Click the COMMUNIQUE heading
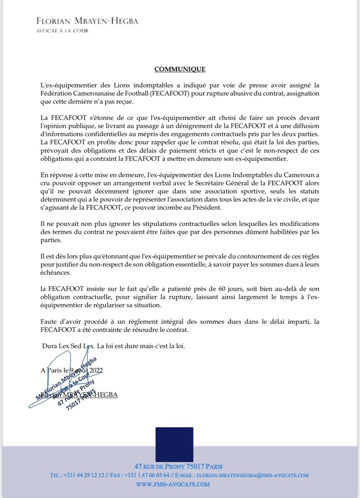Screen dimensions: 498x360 click(180, 70)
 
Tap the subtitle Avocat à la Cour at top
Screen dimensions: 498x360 click(63, 31)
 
